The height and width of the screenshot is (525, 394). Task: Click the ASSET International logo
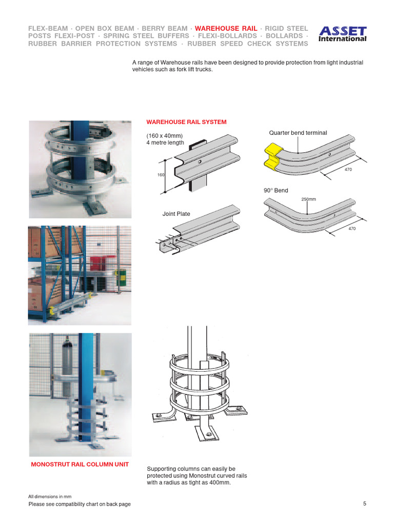(x=343, y=34)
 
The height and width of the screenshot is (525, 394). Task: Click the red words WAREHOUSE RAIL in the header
(x=226, y=28)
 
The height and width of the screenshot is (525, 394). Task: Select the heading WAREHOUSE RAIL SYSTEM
(x=186, y=122)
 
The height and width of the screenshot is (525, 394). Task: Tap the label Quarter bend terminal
(x=298, y=133)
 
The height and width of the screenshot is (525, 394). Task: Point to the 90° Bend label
(x=275, y=191)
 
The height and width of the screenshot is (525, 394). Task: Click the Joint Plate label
(x=176, y=214)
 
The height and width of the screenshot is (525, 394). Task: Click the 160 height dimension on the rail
(x=161, y=175)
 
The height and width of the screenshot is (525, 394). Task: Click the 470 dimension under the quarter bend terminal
(x=348, y=169)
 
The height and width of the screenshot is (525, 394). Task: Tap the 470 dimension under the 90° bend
(x=351, y=229)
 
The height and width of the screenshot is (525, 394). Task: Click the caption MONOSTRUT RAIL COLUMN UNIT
(x=80, y=465)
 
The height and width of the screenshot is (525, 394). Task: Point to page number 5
(x=364, y=503)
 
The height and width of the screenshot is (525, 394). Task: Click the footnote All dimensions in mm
(x=49, y=496)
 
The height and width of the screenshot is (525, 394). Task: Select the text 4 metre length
(x=165, y=143)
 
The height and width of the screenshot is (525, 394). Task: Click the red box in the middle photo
(x=99, y=263)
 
